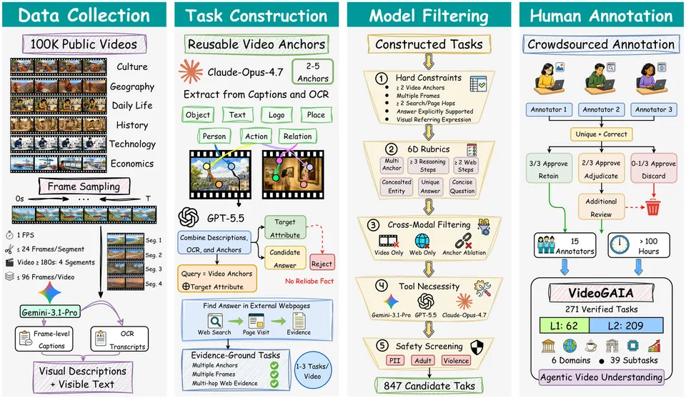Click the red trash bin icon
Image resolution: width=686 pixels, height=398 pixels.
click(652, 207)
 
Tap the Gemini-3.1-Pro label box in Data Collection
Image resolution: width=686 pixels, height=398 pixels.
click(49, 312)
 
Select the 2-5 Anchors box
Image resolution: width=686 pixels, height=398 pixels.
click(313, 72)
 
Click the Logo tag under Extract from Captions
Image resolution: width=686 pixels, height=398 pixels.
click(277, 114)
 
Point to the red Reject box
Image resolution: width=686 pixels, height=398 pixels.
click(322, 263)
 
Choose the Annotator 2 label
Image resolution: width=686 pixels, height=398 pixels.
click(601, 109)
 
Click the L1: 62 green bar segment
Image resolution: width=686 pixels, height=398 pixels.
click(565, 325)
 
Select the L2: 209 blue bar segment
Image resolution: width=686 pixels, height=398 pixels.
click(626, 325)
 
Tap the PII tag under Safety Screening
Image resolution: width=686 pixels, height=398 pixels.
click(395, 360)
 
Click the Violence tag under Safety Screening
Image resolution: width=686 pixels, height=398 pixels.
click(456, 360)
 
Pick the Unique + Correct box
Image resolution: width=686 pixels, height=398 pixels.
click(601, 134)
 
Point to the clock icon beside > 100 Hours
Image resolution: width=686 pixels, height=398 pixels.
click(620, 245)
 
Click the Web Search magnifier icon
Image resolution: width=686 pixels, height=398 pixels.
click(214, 322)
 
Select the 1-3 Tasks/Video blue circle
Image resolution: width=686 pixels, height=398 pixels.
click(312, 371)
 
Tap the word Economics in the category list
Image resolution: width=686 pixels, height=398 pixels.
click(132, 164)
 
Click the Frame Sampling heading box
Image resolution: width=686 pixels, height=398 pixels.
click(84, 186)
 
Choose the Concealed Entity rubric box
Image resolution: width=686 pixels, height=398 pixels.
click(397, 186)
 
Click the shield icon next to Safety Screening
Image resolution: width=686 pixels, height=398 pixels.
click(477, 347)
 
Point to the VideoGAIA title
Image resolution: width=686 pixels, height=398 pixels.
click(601, 292)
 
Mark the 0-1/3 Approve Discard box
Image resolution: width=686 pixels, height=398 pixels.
click(654, 169)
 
